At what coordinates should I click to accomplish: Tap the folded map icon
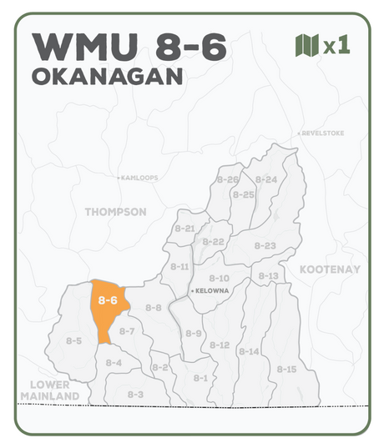click(x=307, y=46)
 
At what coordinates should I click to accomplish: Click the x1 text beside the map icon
click(x=336, y=46)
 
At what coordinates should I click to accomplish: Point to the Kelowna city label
click(x=212, y=290)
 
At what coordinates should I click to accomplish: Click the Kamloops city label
click(x=139, y=178)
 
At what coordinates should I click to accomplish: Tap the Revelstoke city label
click(x=321, y=133)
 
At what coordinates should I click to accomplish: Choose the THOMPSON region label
click(x=115, y=212)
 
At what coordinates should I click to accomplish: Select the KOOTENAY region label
click(x=330, y=269)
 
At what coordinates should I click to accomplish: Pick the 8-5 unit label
click(x=73, y=340)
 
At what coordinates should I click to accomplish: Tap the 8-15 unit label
click(x=286, y=369)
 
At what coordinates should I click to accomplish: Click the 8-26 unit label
click(x=227, y=179)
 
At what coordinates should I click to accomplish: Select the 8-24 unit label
click(x=266, y=179)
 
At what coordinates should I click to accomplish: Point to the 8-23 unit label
click(x=265, y=245)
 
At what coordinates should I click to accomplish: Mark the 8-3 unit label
click(x=135, y=394)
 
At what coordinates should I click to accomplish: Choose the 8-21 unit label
click(x=184, y=228)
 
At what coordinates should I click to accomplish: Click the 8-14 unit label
click(x=249, y=351)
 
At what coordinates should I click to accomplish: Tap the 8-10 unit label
click(x=219, y=278)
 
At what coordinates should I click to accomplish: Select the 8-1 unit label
click(x=200, y=378)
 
